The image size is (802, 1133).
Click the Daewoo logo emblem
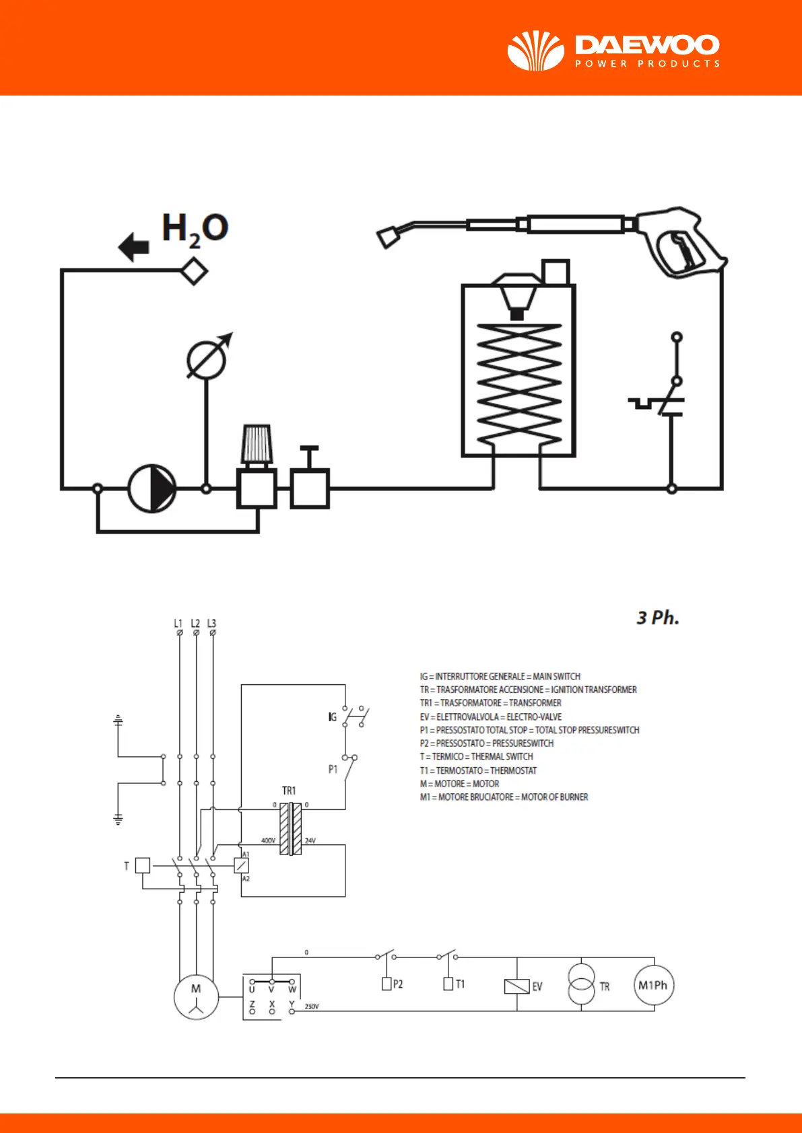click(535, 51)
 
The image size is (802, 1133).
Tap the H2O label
click(195, 229)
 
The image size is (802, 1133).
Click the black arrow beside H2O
click(134, 247)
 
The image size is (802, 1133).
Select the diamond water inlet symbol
click(194, 272)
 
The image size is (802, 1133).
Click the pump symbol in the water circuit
click(152, 488)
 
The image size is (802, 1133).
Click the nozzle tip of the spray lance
click(389, 237)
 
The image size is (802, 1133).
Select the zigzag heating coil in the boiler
click(519, 383)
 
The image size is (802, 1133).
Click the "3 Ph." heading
click(658, 618)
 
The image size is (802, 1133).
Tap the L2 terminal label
click(195, 623)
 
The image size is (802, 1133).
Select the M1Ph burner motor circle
click(653, 986)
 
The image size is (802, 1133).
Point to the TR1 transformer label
click(289, 791)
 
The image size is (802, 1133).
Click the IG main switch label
click(332, 717)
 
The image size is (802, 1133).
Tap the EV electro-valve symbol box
click(516, 986)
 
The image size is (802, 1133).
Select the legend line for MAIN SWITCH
click(500, 676)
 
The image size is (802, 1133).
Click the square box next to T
click(143, 865)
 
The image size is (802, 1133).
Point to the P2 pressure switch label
click(398, 984)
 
